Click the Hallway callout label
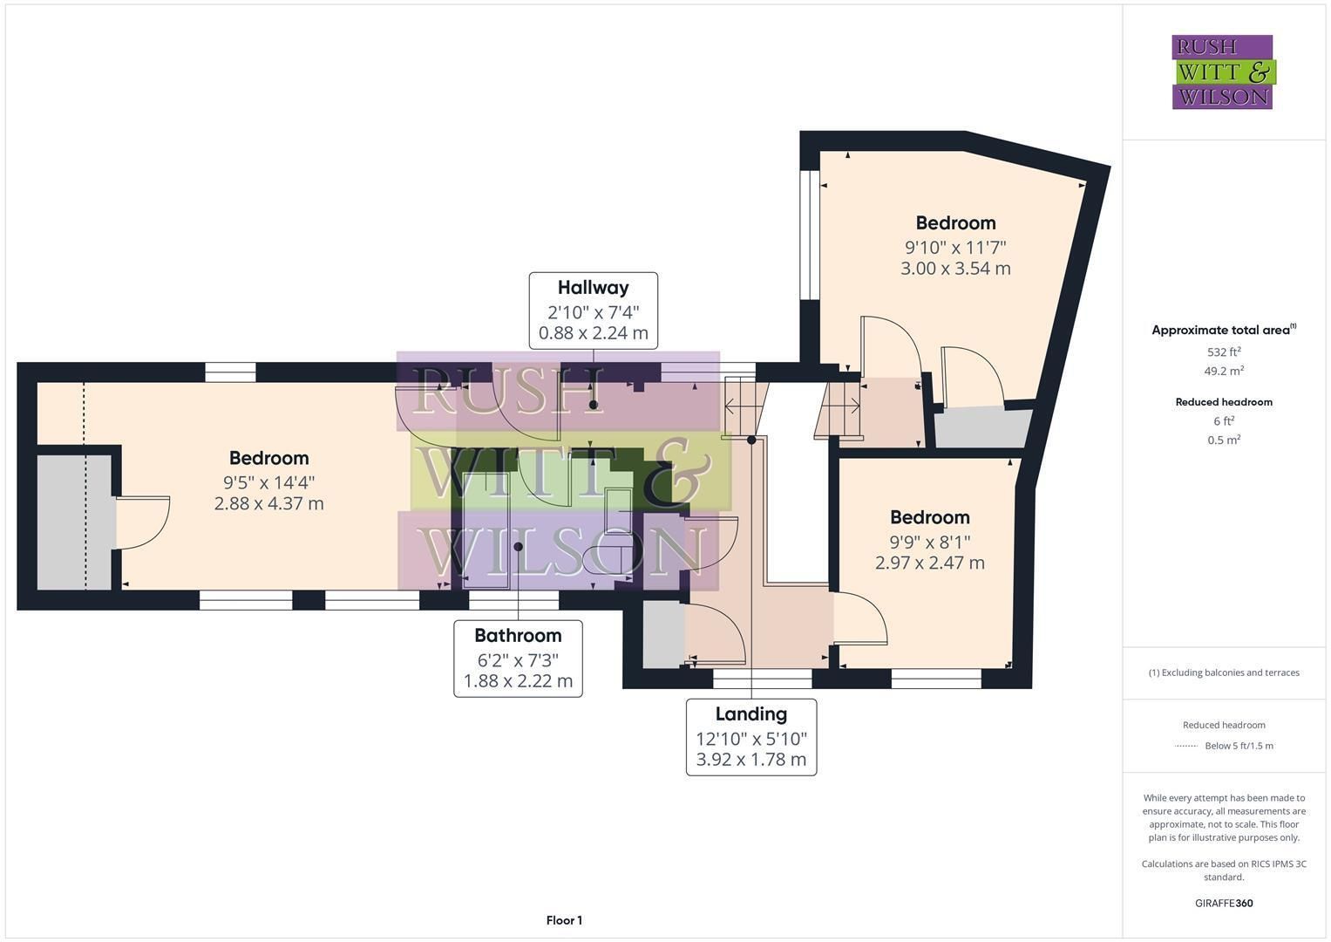pyautogui.click(x=593, y=288)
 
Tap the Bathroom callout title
pyautogui.click(x=518, y=636)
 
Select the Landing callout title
pyautogui.click(x=751, y=713)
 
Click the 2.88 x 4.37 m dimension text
pyautogui.click(x=268, y=504)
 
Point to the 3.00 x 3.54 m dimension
pyautogui.click(x=955, y=269)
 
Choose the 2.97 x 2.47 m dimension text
pyautogui.click(x=930, y=563)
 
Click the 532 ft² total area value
pyautogui.click(x=1224, y=352)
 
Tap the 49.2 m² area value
pyautogui.click(x=1224, y=371)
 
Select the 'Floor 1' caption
pyautogui.click(x=564, y=920)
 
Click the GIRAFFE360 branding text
pyautogui.click(x=1224, y=903)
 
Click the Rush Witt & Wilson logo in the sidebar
pyautogui.click(x=1224, y=72)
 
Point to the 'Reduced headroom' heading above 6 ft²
pyautogui.click(x=1224, y=402)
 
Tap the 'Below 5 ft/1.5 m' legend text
pyautogui.click(x=1239, y=746)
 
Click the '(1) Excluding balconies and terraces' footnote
pyautogui.click(x=1224, y=672)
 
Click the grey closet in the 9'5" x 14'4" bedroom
pyautogui.click(x=75, y=522)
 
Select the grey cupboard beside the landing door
pyautogui.click(x=663, y=634)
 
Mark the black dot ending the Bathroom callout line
pyautogui.click(x=518, y=547)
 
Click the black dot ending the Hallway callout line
pyautogui.click(x=593, y=405)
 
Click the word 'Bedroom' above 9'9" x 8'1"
pyautogui.click(x=930, y=517)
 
